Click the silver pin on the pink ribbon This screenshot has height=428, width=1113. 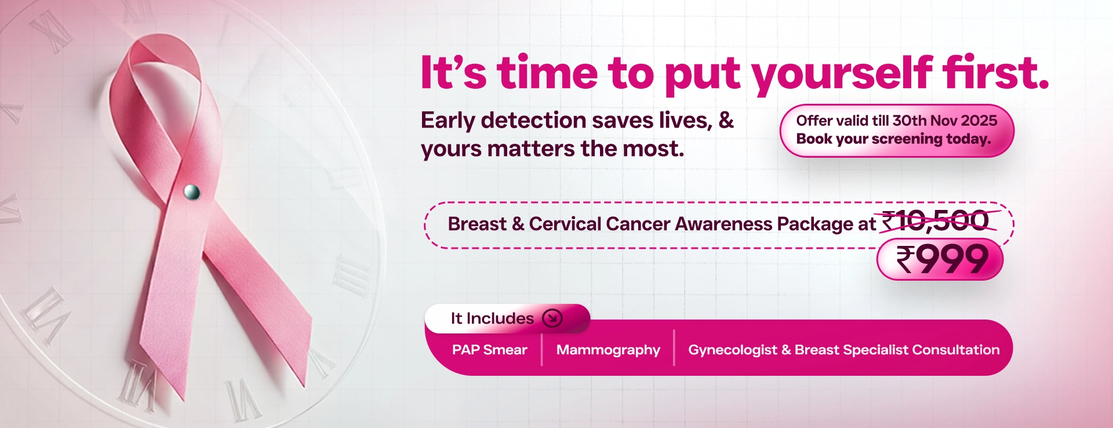coord(191,191)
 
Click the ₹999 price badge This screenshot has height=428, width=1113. coord(941,259)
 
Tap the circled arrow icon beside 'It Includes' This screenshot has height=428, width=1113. coord(552,318)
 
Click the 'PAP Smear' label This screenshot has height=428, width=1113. coord(489,350)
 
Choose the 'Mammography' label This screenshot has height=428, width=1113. coord(608,350)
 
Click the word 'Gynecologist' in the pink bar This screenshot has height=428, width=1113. coord(732,350)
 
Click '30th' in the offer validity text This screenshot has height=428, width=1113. coord(910,121)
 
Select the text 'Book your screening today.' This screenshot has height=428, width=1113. coord(893,139)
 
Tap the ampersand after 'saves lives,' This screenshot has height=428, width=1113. coord(726,120)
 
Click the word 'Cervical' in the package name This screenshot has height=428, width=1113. coord(565,224)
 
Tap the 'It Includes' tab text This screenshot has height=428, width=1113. coord(492,318)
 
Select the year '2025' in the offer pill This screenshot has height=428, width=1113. coord(979,121)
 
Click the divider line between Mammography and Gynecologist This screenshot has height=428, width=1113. coord(674,347)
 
